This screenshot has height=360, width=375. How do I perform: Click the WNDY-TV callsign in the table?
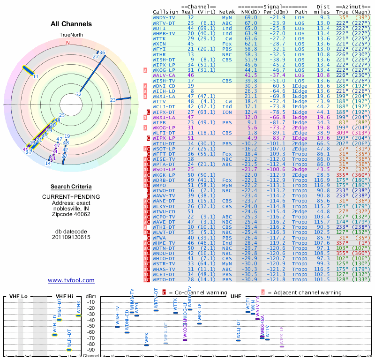click(164, 17)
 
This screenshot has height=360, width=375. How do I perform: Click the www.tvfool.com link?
click(71, 280)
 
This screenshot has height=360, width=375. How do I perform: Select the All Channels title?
click(71, 24)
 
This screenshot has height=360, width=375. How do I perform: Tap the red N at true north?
click(68, 43)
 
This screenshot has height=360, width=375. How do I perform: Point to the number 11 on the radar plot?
click(36, 76)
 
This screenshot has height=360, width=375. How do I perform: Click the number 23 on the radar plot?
click(112, 100)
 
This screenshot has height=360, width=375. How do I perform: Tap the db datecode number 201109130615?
click(71, 237)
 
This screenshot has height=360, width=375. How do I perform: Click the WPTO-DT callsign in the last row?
click(164, 279)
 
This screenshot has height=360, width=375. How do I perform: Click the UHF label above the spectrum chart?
click(236, 297)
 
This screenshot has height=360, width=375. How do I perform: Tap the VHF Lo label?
click(19, 297)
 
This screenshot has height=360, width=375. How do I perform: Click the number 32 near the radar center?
click(79, 94)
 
